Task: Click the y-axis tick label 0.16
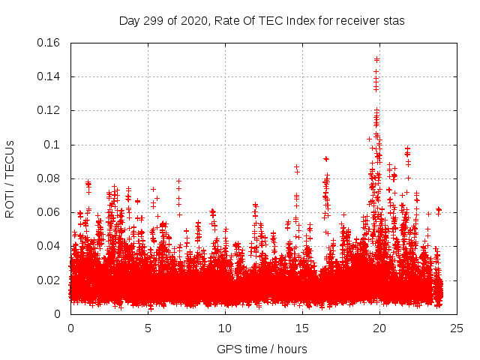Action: [x=50, y=43]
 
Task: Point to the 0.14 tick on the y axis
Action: [x=50, y=76]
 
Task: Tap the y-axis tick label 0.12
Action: [x=50, y=110]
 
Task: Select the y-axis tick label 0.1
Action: [x=53, y=145]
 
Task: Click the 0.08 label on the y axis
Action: [x=50, y=178]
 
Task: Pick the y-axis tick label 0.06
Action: [x=50, y=212]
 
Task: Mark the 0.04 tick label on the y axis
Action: [x=50, y=246]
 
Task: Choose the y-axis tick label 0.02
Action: [x=50, y=280]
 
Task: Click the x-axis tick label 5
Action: [x=148, y=328]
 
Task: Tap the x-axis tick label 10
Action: [x=225, y=328]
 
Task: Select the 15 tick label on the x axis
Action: [x=302, y=328]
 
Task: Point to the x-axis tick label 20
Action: [x=379, y=328]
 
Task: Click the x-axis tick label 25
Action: [x=457, y=328]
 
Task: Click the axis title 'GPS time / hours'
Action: [x=262, y=349]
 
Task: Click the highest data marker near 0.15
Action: [x=376, y=59]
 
